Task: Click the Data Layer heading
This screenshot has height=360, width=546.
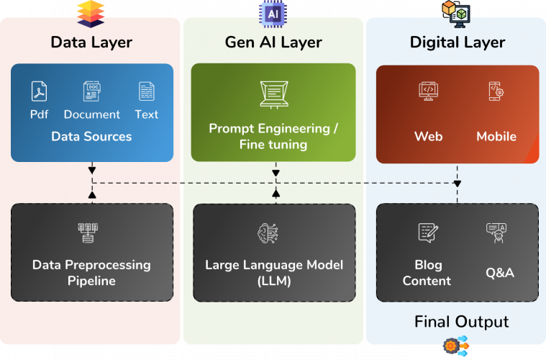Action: coord(91,42)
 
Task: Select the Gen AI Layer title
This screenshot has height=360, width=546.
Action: coord(273,42)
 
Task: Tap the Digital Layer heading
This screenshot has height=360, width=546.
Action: coord(458,42)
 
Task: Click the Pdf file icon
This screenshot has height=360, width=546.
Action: coord(39,91)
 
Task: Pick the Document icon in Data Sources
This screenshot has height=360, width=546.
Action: coord(91,91)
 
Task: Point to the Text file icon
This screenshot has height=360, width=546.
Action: coord(146,91)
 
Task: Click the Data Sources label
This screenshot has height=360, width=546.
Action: coord(91,136)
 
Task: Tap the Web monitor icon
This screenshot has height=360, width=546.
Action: coord(429,91)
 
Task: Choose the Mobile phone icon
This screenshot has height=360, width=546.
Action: coord(496,91)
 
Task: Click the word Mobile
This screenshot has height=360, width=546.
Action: coord(496,136)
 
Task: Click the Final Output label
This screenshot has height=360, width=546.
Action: coord(461,321)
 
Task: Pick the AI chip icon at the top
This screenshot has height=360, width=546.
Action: coord(272,12)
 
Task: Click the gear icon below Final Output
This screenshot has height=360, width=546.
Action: coord(450,346)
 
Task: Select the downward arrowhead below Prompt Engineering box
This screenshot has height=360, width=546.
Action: coord(276,174)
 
